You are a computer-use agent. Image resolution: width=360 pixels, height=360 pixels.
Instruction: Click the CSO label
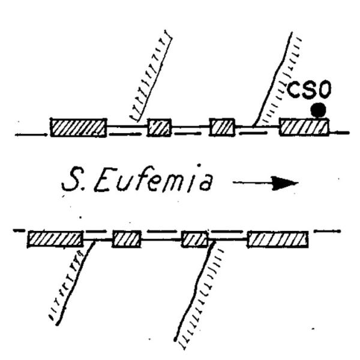[x=309, y=89]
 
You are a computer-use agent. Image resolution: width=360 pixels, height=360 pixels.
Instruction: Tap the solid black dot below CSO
[x=318, y=110]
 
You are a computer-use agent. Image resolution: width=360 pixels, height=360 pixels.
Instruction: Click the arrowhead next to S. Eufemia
[x=284, y=183]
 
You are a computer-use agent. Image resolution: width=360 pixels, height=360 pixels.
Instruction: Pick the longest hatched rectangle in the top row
[x=78, y=128]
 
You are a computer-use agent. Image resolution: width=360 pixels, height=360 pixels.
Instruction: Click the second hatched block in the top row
[x=160, y=127]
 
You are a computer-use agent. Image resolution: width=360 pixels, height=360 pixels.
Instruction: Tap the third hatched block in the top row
[x=222, y=127]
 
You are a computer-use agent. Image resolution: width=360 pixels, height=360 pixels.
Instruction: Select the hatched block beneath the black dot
[x=304, y=127]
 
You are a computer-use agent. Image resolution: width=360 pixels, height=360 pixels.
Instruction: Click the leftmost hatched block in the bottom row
[x=55, y=239]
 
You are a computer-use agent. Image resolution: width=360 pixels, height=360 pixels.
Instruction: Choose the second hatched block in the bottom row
[x=127, y=239]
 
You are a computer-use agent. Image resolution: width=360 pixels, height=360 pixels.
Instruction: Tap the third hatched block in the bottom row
[x=194, y=239]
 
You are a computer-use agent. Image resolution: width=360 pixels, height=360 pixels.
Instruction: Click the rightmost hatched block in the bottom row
[x=278, y=239]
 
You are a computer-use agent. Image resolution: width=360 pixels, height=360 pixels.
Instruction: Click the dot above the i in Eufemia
[x=199, y=165]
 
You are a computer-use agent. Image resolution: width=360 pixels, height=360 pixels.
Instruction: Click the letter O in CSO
[x=324, y=89]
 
